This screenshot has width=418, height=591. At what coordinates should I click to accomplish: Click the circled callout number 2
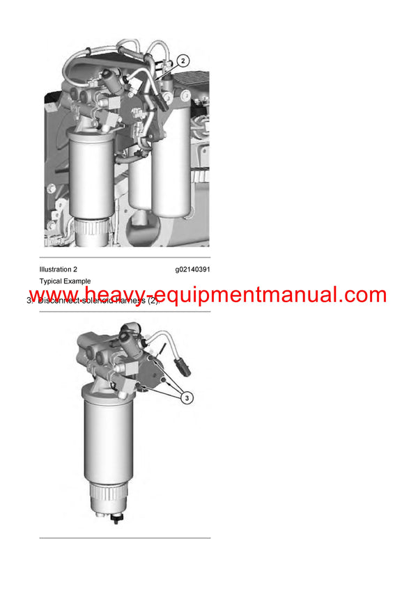click(183, 61)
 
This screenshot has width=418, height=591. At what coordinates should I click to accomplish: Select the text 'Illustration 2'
click(59, 269)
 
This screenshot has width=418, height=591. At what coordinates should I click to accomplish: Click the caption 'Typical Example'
click(65, 281)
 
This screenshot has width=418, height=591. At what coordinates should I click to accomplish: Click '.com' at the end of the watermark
click(362, 295)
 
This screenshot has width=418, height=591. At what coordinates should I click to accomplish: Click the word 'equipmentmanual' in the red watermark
click(251, 295)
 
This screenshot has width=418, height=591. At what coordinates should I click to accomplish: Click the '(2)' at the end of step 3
click(153, 301)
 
